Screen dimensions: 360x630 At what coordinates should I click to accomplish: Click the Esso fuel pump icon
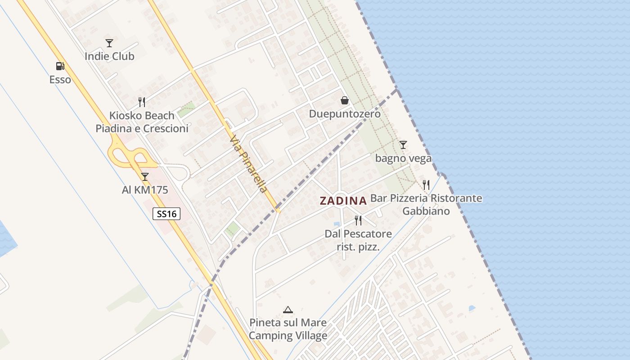pyautogui.click(x=60, y=66)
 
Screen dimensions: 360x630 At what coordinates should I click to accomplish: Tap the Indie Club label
pyautogui.click(x=109, y=57)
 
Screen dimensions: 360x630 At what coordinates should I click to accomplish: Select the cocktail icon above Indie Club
pyautogui.click(x=109, y=43)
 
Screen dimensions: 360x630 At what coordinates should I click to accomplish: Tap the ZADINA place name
pyautogui.click(x=343, y=201)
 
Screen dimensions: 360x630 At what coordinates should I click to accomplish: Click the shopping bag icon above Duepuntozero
pyautogui.click(x=345, y=100)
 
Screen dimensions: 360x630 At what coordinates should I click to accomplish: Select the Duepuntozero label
pyautogui.click(x=345, y=114)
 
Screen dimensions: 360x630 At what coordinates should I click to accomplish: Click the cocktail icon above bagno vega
pyautogui.click(x=403, y=145)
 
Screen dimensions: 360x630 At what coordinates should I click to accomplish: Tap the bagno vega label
pyautogui.click(x=403, y=158)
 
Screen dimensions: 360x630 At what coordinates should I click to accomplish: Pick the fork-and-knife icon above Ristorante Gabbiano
pyautogui.click(x=426, y=185)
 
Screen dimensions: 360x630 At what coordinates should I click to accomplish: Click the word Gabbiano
pyautogui.click(x=426, y=211)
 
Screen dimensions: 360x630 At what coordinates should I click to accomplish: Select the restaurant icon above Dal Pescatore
pyautogui.click(x=358, y=220)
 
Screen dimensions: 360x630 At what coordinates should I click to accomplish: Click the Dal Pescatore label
pyautogui.click(x=358, y=234)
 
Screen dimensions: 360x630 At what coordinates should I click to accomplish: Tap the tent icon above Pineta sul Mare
pyautogui.click(x=288, y=310)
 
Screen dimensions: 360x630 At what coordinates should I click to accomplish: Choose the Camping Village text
pyautogui.click(x=288, y=336)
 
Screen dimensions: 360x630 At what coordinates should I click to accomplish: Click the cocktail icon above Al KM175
pyautogui.click(x=145, y=176)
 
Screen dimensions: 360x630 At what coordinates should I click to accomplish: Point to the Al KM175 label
pyautogui.click(x=145, y=190)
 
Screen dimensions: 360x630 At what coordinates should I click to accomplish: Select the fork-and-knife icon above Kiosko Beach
pyautogui.click(x=142, y=102)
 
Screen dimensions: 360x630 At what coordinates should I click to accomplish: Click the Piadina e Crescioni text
pyautogui.click(x=142, y=129)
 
